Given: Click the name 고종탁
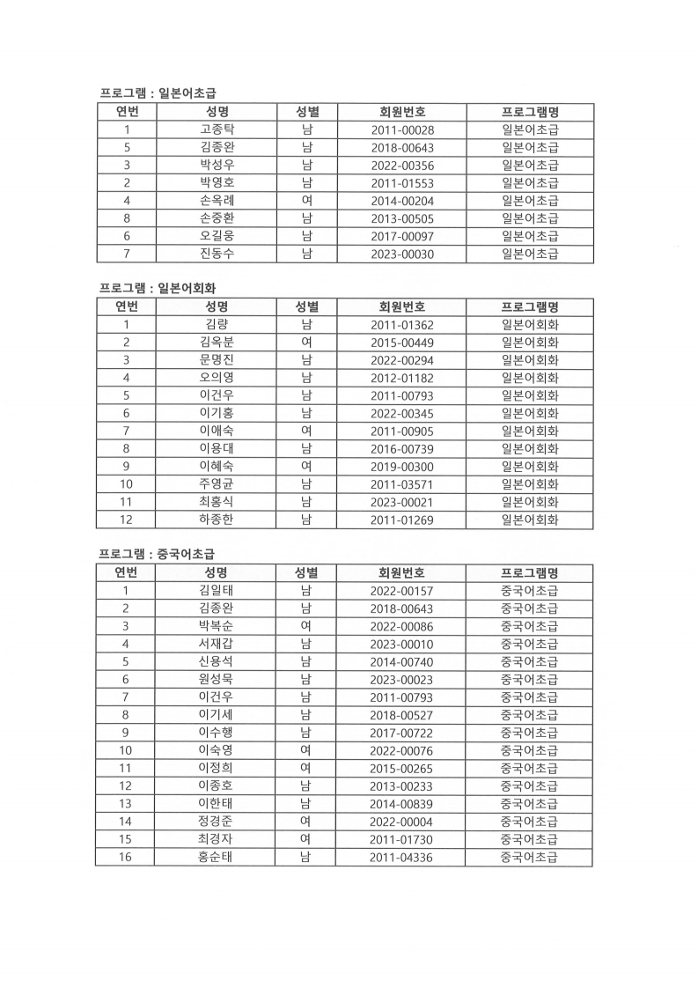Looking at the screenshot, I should coord(217,130).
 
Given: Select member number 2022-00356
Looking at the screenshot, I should coord(401,166).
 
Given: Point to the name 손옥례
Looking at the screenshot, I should coord(217,201).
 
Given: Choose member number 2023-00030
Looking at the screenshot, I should coord(401,254).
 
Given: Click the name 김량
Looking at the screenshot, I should coord(217,325).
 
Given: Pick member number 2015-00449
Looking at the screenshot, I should coord(401,343).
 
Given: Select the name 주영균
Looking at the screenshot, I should coord(217,484).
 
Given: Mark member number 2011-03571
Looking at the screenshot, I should coord(401,484).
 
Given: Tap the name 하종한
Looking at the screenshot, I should coord(217,520).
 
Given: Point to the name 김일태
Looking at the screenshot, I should coord(217,591).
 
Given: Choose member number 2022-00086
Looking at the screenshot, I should coord(401,626).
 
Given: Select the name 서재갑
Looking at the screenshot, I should coord(217,644).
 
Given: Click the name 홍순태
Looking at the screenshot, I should coord(217,857).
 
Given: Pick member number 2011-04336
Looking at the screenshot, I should coord(401,857).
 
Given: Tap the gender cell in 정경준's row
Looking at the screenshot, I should coord(305,822).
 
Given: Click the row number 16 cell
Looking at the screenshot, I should coord(126,857).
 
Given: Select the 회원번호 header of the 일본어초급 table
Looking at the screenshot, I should coord(401,112).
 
